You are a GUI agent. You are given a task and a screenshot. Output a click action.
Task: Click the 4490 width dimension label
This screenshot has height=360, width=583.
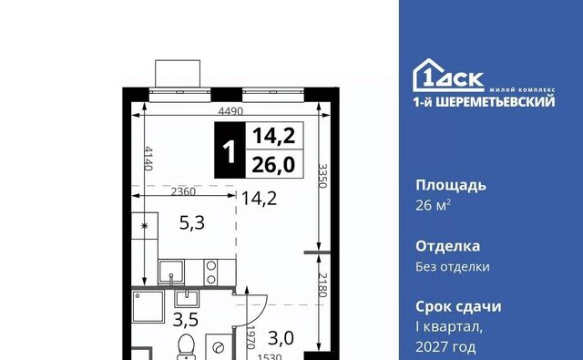tap(230, 111)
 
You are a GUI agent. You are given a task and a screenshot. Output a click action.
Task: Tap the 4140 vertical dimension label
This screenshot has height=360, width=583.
tap(148, 159)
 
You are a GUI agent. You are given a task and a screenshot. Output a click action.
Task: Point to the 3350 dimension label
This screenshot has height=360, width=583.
tap(322, 176)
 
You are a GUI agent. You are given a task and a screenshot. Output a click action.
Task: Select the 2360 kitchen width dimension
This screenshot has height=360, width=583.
tap(183, 191)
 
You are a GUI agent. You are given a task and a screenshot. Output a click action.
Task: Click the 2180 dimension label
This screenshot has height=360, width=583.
tap(322, 285)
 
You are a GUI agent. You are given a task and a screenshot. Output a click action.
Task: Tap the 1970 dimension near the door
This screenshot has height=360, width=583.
tap(251, 337)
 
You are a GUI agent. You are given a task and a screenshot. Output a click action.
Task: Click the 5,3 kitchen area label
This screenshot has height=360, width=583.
tap(192, 223)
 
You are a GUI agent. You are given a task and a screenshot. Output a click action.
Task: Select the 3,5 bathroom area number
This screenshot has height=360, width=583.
tap(186, 320)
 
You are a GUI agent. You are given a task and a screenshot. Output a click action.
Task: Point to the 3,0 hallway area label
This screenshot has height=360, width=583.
tap(281, 338)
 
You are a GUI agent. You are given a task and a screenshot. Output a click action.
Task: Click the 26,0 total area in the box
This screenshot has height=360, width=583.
tap(273, 164)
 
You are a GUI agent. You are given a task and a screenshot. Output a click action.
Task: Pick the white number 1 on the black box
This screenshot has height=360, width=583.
tap(230, 151)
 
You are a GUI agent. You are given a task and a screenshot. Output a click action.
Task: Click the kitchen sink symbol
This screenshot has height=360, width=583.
tap(171, 273)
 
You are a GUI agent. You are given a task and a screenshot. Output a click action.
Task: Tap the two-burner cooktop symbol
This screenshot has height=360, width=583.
tap(210, 273)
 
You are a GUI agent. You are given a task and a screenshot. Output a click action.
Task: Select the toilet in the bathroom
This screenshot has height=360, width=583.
tap(186, 346)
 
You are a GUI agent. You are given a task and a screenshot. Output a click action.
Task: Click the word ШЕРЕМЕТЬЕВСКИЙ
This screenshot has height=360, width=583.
tap(496, 101)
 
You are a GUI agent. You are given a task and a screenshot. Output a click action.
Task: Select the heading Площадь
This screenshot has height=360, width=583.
tap(451, 185)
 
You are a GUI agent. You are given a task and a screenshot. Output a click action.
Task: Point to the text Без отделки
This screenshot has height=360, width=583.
tap(453, 267)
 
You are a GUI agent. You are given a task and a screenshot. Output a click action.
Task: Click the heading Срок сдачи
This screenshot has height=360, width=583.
tap(458, 307)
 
